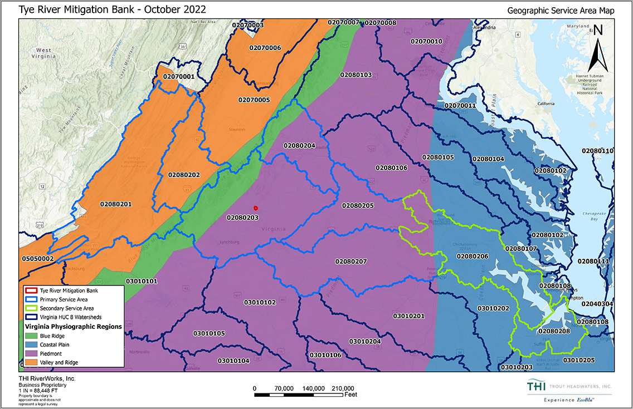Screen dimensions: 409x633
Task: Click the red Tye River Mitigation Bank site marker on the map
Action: [255, 208]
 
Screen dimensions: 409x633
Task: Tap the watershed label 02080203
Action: [242, 217]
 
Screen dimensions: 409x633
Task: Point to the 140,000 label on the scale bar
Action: [314, 388]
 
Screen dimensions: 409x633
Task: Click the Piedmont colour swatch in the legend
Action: [32, 353]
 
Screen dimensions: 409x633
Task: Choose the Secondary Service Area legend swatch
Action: [32, 308]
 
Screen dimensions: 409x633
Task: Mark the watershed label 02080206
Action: [472, 256]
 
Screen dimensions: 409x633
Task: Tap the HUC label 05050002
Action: [38, 259]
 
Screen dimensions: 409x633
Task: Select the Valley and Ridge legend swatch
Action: [32, 362]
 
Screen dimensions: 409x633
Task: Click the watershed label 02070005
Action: [254, 100]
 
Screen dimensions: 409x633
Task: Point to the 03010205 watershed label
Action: [578, 360]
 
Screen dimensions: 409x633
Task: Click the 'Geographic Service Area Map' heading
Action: [561, 10]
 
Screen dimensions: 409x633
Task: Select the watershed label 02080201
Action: [116, 204]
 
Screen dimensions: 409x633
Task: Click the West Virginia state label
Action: [44, 53]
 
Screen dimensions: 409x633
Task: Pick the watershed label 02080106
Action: [391, 167]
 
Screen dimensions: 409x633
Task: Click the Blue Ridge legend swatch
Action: [32, 336]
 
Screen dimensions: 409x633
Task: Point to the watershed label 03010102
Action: [260, 302]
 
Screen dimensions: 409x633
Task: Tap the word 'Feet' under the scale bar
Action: [351, 395]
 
